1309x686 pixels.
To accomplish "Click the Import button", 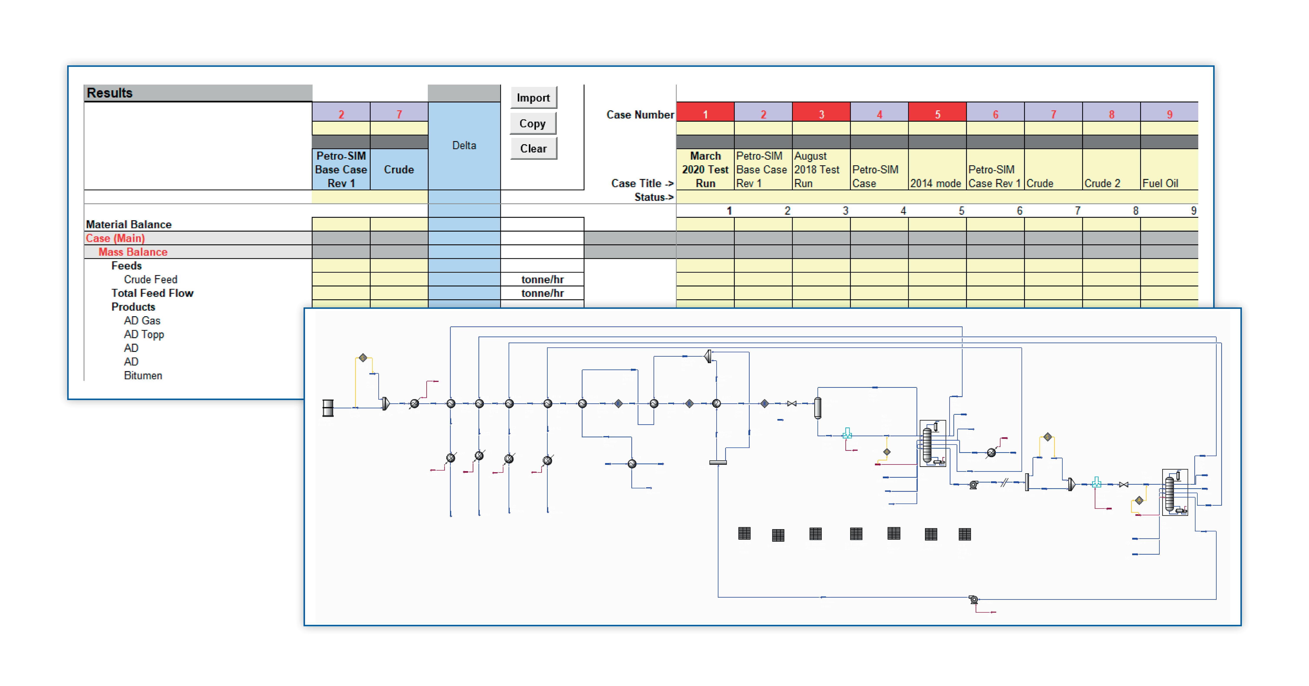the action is point(533,98).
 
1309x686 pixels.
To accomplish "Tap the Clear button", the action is point(533,148).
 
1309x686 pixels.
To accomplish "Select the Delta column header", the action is point(464,145).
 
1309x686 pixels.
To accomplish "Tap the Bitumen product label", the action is point(143,376).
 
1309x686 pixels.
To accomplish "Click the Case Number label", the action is point(640,114).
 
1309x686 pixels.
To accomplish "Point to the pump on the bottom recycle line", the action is point(973,600).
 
